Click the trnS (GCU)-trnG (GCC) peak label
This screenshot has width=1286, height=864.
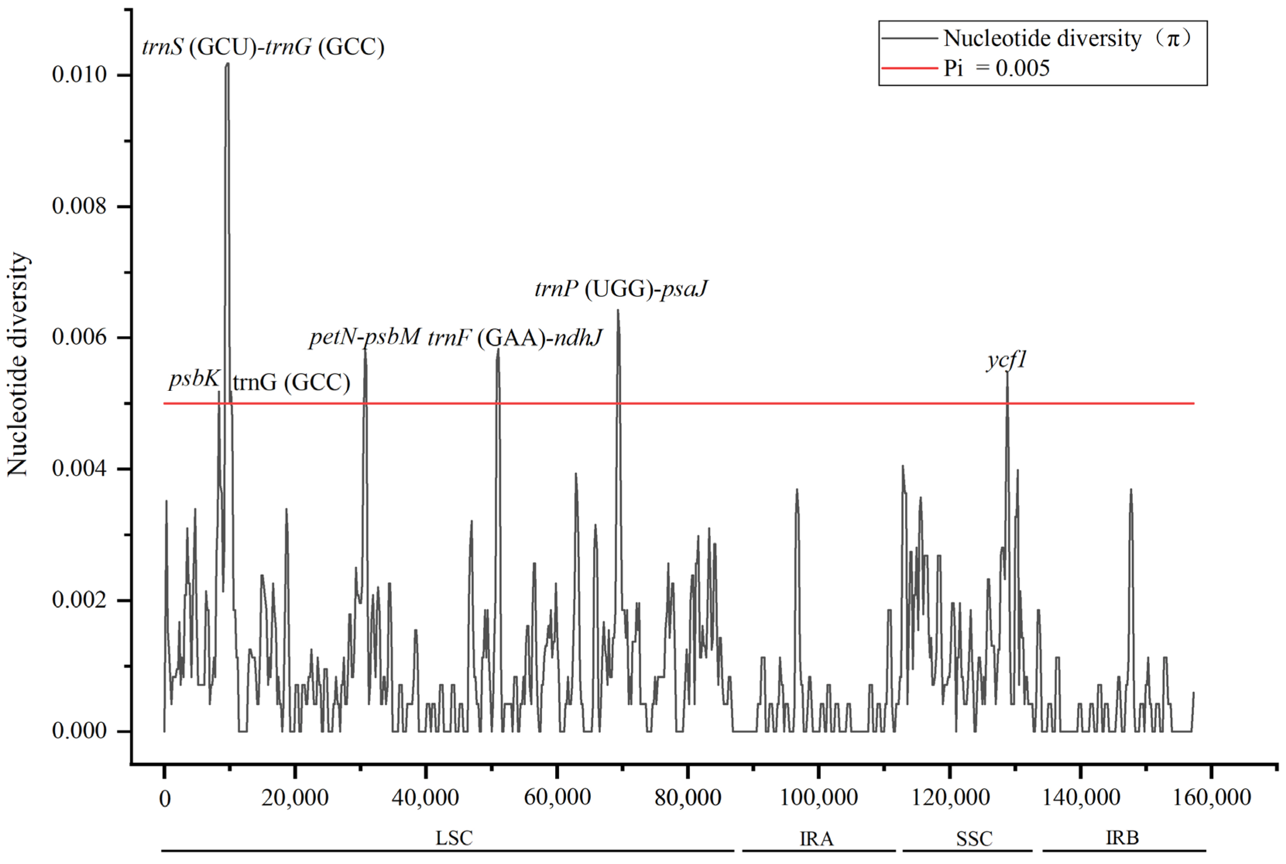coord(263,47)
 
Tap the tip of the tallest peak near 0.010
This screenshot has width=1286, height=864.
coord(227,64)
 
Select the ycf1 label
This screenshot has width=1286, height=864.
coord(1007,360)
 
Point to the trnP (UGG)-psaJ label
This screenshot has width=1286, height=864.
coord(621,289)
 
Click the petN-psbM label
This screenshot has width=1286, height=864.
coord(365,337)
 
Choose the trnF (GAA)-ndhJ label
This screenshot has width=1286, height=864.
coord(515,337)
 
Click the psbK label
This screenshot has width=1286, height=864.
coord(194,379)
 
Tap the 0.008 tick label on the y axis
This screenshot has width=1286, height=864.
coord(79,206)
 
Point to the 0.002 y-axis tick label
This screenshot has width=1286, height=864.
coord(79,600)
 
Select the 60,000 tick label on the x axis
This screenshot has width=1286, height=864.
coord(557,797)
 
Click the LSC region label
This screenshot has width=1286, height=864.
coord(454,838)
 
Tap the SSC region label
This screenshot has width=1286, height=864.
coord(974,838)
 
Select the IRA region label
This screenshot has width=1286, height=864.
coord(817,838)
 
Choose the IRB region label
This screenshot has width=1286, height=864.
coord(1122,838)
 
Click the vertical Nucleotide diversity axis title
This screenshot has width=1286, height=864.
coord(18,364)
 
